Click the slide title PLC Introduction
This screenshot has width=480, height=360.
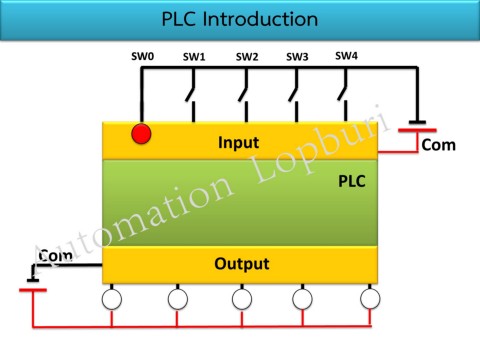[240, 19]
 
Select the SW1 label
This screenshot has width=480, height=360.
[194, 57]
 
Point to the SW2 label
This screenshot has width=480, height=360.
[247, 57]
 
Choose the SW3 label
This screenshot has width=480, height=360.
[297, 57]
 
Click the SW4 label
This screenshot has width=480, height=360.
[346, 55]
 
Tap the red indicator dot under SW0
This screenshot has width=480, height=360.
[142, 134]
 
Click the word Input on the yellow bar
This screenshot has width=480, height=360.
[239, 143]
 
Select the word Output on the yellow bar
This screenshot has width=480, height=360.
[240, 265]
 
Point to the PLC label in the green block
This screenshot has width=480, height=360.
[353, 183]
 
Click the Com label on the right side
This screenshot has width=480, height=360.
[438, 146]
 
